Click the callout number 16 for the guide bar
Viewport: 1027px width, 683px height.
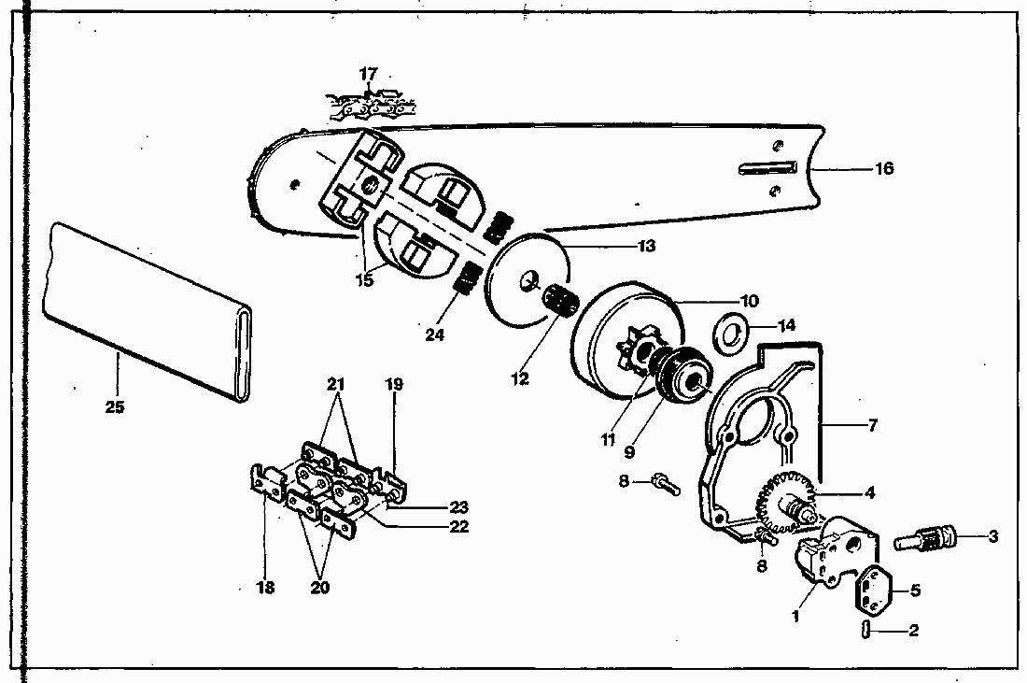[883, 168]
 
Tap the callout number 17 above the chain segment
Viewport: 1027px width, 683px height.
[369, 73]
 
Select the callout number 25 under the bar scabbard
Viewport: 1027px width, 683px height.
[117, 407]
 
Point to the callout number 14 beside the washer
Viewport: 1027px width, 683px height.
[787, 326]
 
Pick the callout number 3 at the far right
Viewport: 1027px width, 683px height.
[993, 536]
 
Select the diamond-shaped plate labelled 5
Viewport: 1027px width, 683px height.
[879, 589]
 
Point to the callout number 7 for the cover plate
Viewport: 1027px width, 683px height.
[873, 425]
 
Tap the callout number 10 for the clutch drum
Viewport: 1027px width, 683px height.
[750, 301]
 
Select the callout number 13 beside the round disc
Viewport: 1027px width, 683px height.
[646, 247]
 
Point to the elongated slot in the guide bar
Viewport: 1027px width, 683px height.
[766, 168]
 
